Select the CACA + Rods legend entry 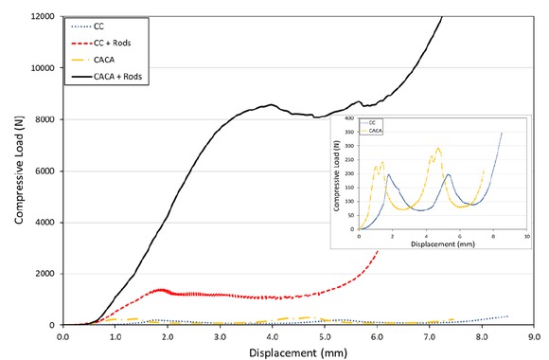coord(119,79)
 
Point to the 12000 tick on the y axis coord(43,17)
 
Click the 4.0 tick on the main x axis coord(273,335)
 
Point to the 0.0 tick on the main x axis coord(63,335)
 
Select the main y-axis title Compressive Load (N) coord(17,171)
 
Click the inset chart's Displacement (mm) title coord(443,244)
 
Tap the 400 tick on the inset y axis coord(351,120)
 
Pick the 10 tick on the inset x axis coord(526,236)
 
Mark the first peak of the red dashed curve coord(162,290)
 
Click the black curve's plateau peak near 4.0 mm coord(272,104)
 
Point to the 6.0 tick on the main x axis coord(377,335)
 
